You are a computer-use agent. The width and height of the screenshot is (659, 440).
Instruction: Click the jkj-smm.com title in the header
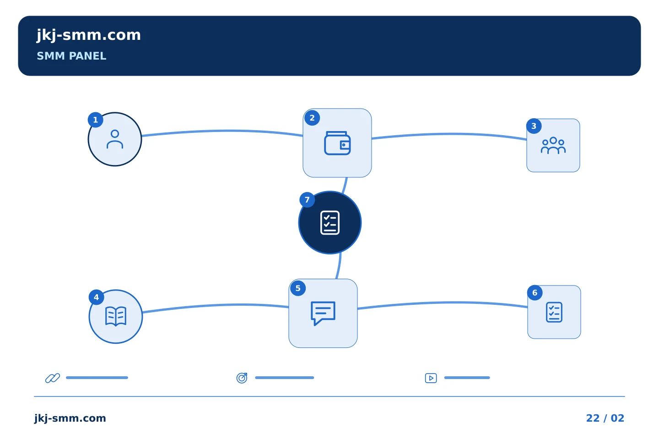pyautogui.click(x=89, y=36)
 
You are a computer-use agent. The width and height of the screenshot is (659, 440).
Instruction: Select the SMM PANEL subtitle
pyautogui.click(x=71, y=56)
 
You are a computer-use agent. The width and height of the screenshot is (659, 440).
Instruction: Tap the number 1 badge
pyautogui.click(x=95, y=120)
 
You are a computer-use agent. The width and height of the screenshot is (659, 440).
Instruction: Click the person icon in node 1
pyautogui.click(x=115, y=139)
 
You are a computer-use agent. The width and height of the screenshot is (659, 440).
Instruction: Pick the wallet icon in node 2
pyautogui.click(x=337, y=143)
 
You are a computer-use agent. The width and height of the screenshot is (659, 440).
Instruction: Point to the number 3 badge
pyautogui.click(x=534, y=126)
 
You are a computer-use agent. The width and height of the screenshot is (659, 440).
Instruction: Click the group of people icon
pyautogui.click(x=553, y=146)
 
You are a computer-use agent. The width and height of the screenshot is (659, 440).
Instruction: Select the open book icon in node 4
pyautogui.click(x=116, y=316)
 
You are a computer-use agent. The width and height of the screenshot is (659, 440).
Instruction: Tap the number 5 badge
pyautogui.click(x=298, y=288)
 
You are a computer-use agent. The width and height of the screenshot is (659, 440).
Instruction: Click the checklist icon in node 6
pyautogui.click(x=554, y=312)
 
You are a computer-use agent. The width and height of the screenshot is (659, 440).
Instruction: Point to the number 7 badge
pyautogui.click(x=307, y=200)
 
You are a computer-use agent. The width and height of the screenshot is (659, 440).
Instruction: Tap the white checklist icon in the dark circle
pyautogui.click(x=330, y=223)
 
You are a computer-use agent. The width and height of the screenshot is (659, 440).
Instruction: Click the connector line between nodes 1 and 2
pyautogui.click(x=222, y=131)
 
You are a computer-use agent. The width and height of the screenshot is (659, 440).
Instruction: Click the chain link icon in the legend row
pyautogui.click(x=53, y=378)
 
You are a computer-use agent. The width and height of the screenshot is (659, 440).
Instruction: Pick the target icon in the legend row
pyautogui.click(x=242, y=378)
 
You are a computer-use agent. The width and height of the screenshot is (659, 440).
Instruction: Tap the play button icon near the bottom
pyautogui.click(x=431, y=378)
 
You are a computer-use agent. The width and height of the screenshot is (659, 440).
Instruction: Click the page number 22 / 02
pyautogui.click(x=605, y=418)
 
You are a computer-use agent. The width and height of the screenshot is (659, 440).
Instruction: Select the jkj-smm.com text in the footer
pyautogui.click(x=70, y=418)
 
